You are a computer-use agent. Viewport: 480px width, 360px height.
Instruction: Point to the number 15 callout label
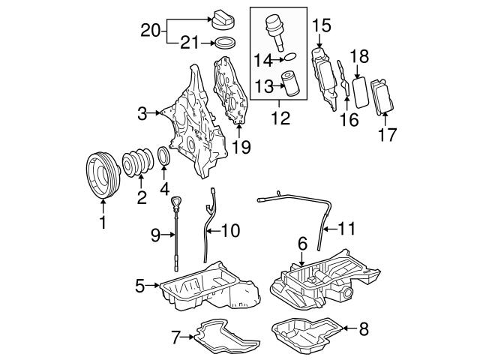click(322, 24)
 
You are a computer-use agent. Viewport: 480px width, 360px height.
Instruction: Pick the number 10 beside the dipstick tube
click(230, 232)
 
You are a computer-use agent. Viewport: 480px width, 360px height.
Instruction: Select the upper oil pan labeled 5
click(199, 288)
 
